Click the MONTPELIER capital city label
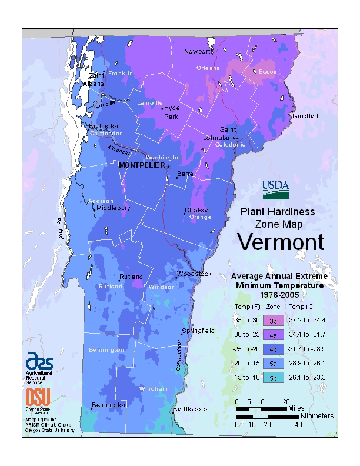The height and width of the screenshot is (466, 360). (x=142, y=165)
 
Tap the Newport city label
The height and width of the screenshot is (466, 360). (x=197, y=52)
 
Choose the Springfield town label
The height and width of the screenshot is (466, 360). (x=198, y=331)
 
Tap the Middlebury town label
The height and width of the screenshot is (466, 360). (x=113, y=208)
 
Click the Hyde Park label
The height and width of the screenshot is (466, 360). (x=172, y=112)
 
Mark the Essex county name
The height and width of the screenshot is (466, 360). (x=268, y=72)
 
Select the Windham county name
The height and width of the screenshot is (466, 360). (x=153, y=389)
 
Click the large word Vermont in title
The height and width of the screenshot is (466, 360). (x=281, y=242)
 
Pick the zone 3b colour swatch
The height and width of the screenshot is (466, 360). (x=273, y=321)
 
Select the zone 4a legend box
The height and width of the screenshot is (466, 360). (x=273, y=335)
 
